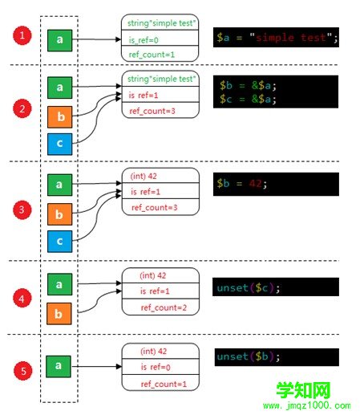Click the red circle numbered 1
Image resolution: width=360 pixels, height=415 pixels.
pos(22,35)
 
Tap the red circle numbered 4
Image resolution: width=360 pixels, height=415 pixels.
pos(22,298)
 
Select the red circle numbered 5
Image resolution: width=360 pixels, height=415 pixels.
pos(23,371)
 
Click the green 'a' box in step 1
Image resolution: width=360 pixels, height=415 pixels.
pos(59,40)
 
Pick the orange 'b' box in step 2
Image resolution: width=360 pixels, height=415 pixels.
pos(59,117)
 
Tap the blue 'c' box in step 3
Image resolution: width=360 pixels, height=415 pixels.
pos(59,242)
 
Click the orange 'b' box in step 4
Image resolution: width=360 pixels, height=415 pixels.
pos(59,314)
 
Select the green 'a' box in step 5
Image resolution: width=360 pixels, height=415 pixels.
pos(59,367)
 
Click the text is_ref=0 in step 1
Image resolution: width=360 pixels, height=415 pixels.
pos(144,40)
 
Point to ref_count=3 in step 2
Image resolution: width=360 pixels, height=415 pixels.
pos(152,111)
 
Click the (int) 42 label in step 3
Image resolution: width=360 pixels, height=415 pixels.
pos(144,176)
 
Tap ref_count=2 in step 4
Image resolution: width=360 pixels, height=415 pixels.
pos(164,307)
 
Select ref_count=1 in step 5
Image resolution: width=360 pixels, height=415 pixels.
pos(164,384)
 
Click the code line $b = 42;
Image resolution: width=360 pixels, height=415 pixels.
pos(241,184)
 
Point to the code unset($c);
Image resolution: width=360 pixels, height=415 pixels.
pos(249,288)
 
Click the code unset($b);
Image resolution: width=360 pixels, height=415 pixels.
pos(249,356)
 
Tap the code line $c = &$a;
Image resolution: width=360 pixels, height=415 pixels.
pos(248,99)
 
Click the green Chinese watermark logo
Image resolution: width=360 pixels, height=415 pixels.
pos(303,390)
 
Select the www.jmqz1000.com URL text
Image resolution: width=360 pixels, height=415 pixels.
pos(307,405)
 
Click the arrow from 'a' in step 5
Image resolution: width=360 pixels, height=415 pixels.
pos(96,366)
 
